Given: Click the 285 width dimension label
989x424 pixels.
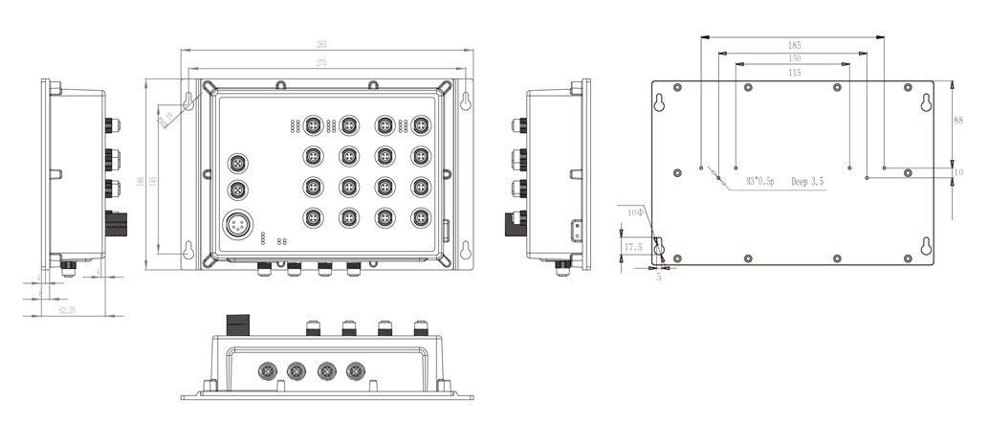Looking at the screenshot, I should coord(321,44).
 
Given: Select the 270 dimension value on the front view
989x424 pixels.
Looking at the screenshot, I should coord(321,63).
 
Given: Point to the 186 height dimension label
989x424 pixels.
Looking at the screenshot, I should coord(141,182).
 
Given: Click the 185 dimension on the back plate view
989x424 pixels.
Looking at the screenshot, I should coord(795,45).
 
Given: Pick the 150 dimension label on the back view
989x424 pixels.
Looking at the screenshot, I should coord(795,59).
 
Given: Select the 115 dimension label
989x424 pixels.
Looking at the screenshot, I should coord(795,73).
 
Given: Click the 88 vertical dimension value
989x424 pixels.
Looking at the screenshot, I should coord(958,120).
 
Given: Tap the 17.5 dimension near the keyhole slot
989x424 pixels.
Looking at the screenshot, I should coord(632,247).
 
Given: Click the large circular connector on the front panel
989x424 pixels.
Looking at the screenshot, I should coord(235,227).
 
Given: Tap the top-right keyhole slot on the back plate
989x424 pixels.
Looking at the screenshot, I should coord(926,102).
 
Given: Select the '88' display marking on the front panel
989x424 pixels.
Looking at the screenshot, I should coord(281,242).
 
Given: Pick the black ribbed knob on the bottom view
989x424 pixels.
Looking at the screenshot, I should coord(233,324).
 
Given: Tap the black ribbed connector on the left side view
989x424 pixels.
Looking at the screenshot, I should coord(117,224).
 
